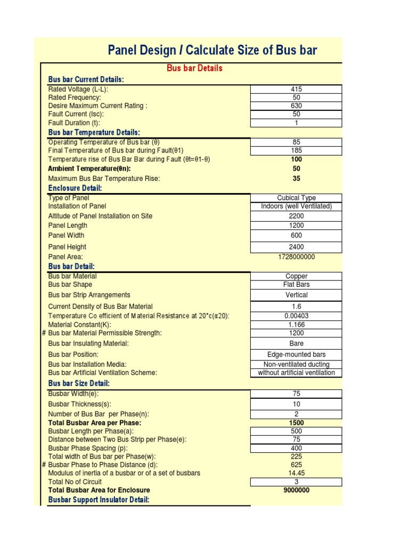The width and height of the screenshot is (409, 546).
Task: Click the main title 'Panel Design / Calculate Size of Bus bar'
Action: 212,51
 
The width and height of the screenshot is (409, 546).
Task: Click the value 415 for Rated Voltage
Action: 296,90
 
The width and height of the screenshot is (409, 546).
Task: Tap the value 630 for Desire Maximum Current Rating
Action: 296,106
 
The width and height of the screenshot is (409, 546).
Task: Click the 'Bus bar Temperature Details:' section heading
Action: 94,132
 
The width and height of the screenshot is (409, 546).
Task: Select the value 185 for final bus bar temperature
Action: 296,151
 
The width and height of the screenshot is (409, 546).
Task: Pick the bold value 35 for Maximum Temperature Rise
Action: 296,179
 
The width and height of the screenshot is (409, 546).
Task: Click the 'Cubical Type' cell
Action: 296,198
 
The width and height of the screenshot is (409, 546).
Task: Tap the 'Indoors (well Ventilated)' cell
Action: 296,206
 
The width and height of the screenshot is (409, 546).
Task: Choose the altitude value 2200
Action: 296,216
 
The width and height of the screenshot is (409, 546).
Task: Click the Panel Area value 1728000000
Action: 296,257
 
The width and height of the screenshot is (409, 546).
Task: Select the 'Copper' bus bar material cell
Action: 296,276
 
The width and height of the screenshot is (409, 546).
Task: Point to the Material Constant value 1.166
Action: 296,324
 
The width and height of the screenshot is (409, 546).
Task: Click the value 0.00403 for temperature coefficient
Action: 296,316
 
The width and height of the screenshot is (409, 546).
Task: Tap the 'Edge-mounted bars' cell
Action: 296,355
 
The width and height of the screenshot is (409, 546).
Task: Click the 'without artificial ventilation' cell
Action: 296,373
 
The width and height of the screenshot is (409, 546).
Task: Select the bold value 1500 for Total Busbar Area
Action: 296,423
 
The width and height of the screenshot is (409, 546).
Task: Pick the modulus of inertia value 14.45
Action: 296,473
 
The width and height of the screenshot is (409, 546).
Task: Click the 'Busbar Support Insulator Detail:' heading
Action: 99,500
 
